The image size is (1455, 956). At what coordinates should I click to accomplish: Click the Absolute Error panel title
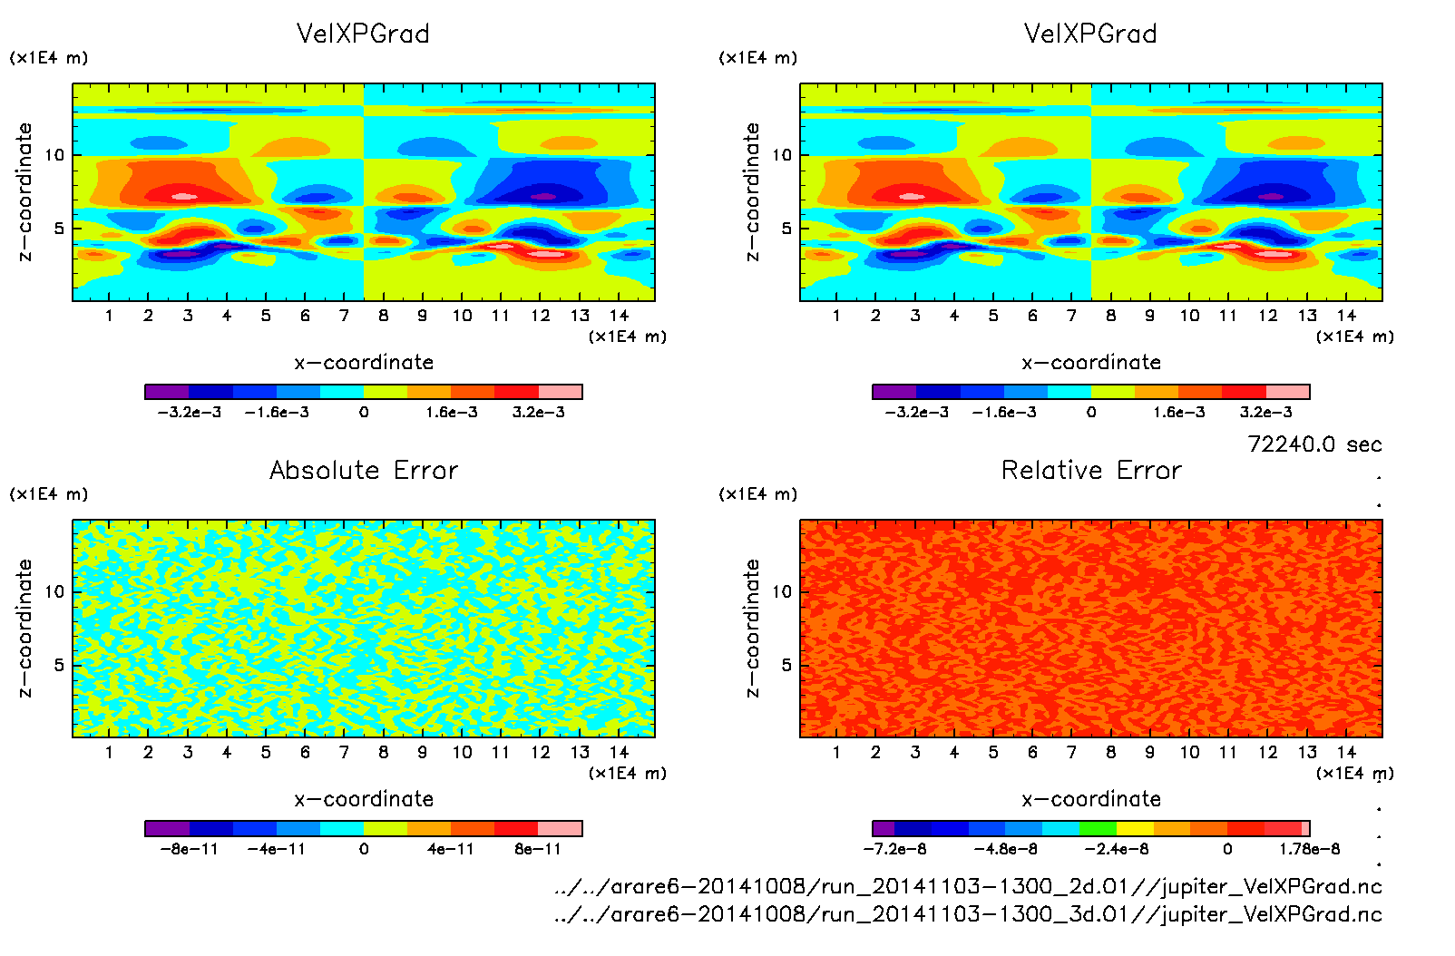coord(364,471)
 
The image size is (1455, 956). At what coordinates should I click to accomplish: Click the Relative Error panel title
coord(1091,471)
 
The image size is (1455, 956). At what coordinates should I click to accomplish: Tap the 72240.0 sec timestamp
coord(1314,444)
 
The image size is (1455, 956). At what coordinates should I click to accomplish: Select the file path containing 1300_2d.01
coord(968,886)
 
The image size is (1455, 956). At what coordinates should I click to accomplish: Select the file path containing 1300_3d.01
coord(968,914)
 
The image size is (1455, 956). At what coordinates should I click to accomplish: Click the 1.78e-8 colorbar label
coord(1309,849)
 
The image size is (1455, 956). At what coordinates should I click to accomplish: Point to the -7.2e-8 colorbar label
coord(894,849)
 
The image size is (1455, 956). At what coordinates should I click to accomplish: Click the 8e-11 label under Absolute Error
coord(538,849)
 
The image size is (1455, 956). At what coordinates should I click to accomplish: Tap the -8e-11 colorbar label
coord(189,849)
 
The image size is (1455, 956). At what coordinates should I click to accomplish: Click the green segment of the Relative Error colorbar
coord(1098,828)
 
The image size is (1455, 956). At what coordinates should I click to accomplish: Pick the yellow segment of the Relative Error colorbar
coord(1135,828)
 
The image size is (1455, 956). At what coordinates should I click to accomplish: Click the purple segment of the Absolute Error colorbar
coord(167,828)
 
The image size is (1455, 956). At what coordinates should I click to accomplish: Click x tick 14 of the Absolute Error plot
coord(619,752)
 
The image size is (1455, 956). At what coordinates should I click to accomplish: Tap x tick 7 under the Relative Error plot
coord(1071,752)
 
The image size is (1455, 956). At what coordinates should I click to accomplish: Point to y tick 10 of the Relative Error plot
coord(782,592)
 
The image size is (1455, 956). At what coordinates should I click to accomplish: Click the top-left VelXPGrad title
coord(363,34)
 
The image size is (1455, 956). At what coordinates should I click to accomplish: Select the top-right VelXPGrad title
coord(1090,34)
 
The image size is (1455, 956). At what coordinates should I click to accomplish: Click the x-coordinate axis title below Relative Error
coord(1091,799)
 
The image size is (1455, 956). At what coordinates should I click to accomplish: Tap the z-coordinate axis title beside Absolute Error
coord(25,628)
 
